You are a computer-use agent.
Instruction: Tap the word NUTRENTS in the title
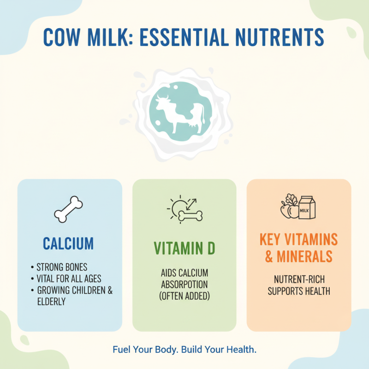click(275, 37)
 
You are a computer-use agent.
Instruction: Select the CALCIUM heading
click(68, 243)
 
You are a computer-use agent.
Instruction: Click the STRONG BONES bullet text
click(61, 267)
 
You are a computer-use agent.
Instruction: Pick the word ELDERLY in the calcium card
click(52, 302)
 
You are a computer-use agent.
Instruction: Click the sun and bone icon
click(184, 210)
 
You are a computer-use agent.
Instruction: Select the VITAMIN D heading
click(184, 249)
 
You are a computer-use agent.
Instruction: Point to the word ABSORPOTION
click(184, 284)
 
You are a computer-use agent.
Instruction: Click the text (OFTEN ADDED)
click(184, 296)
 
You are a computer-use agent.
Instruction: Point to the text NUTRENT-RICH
click(299, 280)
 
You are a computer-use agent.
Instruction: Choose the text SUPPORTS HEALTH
click(299, 291)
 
